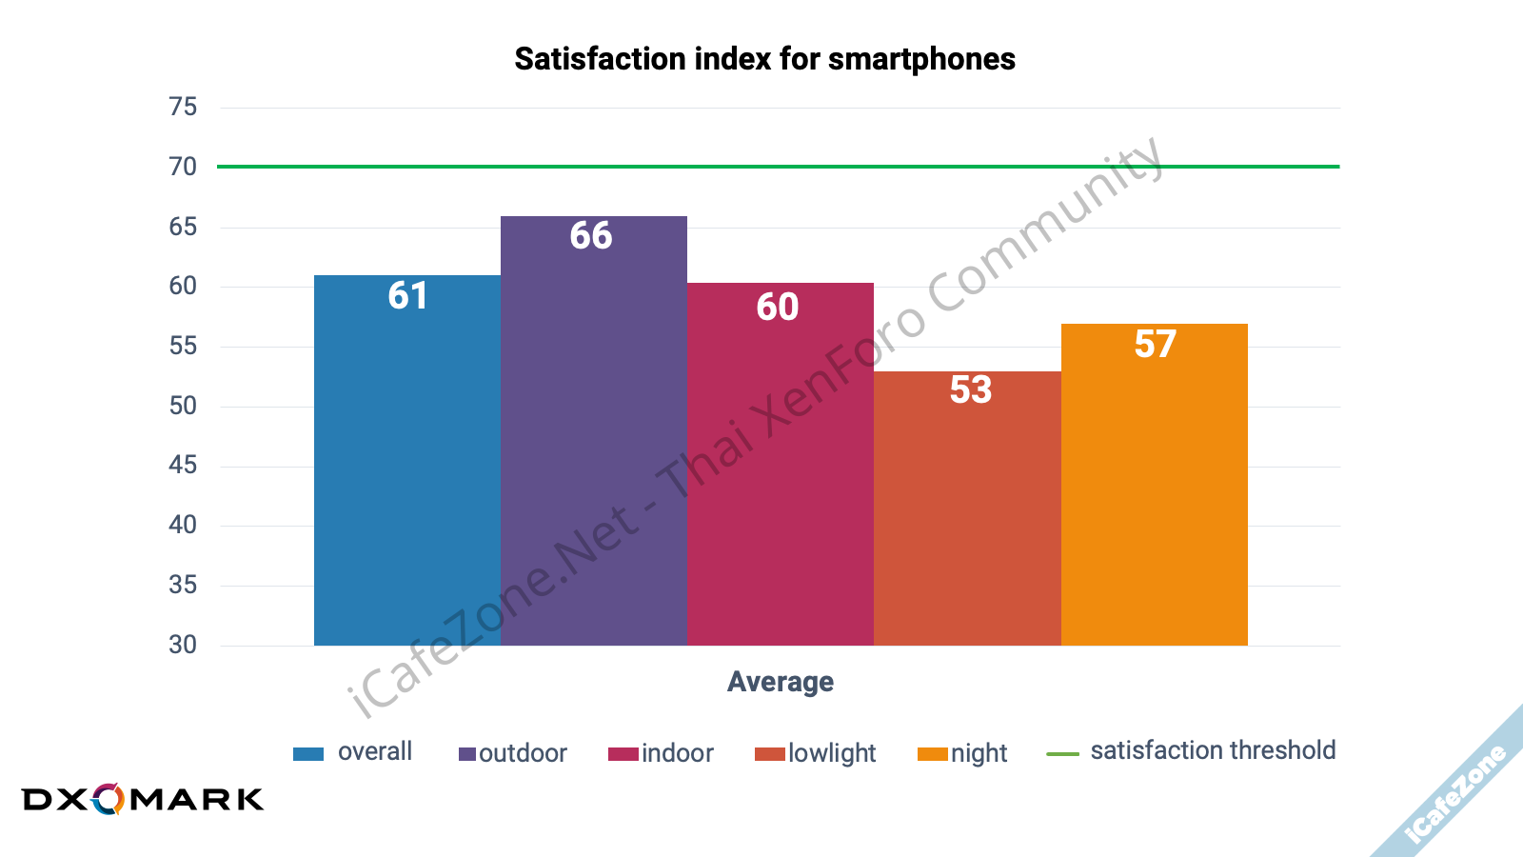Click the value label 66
591,235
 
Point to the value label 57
1155,344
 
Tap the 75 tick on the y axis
183,107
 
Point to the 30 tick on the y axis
183,645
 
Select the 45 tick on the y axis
183,465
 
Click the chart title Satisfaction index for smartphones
764,59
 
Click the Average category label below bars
781,682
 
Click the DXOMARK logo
143,799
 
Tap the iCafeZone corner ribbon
1456,795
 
